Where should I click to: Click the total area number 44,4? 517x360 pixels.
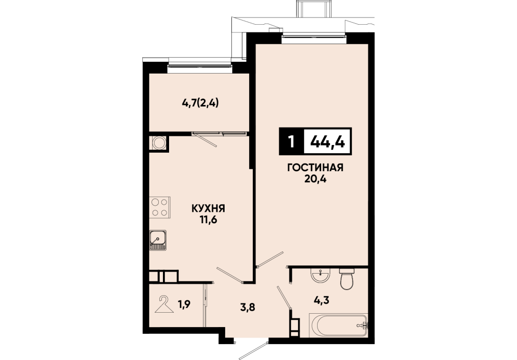click(328, 142)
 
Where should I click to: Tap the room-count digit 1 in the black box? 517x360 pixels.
click(291, 142)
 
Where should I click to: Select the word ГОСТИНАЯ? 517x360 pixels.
click(316, 168)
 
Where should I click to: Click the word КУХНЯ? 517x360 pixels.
click(208, 208)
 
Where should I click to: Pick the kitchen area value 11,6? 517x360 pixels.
click(208, 220)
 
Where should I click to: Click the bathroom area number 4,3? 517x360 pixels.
click(322, 300)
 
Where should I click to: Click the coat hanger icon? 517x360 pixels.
click(164, 304)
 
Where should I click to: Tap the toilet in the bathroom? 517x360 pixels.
click(346, 279)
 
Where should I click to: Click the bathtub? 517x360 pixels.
click(338, 326)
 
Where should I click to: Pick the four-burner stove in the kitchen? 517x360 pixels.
click(160, 207)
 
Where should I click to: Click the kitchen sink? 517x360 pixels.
click(158, 240)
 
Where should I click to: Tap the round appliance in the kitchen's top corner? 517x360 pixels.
click(159, 143)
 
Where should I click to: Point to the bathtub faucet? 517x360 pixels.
click(361, 326)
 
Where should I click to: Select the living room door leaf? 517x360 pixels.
click(270, 259)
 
